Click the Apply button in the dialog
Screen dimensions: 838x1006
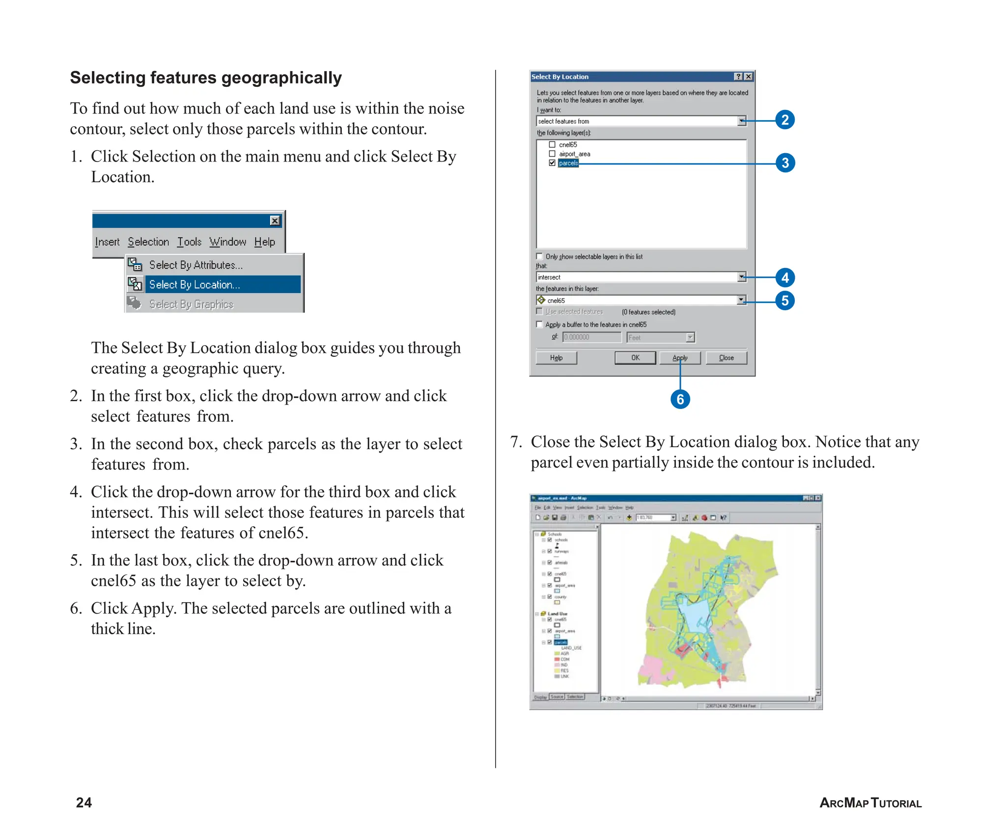click(x=680, y=358)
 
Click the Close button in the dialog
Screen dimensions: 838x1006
click(x=726, y=358)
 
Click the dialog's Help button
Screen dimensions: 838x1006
click(x=556, y=358)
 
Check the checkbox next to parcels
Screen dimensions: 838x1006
click(x=552, y=163)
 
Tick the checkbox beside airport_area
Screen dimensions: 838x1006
click(x=552, y=154)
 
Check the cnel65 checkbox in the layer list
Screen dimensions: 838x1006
click(x=552, y=145)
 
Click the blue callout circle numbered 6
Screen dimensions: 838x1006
click(x=680, y=399)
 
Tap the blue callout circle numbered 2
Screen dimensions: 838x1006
click(x=785, y=120)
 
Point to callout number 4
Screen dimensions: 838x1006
click(x=785, y=278)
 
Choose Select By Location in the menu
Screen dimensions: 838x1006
click(x=195, y=285)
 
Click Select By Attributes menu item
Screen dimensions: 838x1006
click(x=196, y=265)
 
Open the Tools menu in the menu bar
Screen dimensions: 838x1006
click(x=189, y=242)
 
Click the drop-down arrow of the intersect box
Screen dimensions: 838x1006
click(x=742, y=277)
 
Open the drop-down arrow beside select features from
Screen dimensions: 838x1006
click(x=742, y=121)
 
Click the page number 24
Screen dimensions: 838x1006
click(x=84, y=803)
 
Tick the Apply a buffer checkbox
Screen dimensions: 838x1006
click(x=539, y=324)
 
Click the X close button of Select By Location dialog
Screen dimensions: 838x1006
click(x=748, y=77)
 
